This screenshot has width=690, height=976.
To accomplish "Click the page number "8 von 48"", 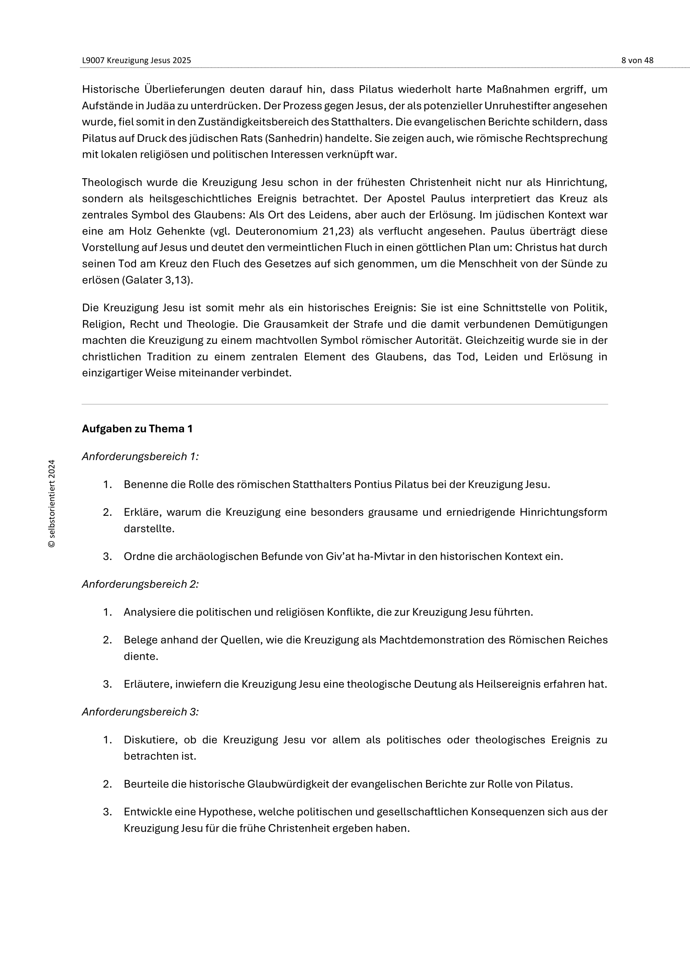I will click(x=637, y=61).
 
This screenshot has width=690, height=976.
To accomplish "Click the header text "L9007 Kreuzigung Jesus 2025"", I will click(x=136, y=61).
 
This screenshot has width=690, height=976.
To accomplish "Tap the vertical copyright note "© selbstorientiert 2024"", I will click(x=52, y=503).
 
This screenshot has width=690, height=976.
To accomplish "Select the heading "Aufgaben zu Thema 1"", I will click(x=137, y=429).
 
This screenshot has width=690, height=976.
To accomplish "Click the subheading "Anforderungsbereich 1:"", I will click(x=140, y=456).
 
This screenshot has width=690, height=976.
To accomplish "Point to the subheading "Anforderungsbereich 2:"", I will click(x=140, y=584).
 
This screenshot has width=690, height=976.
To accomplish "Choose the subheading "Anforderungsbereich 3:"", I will click(x=140, y=711).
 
